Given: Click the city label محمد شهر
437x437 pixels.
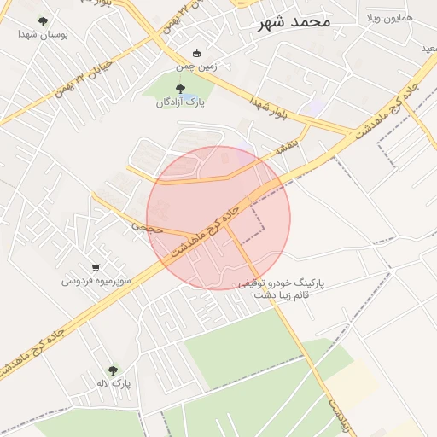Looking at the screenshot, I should tap(294, 22).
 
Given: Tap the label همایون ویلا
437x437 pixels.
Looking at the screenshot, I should tap(388, 18).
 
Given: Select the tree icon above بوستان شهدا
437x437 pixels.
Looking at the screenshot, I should tap(43, 21).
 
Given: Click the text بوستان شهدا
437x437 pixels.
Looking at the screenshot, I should tap(43, 35).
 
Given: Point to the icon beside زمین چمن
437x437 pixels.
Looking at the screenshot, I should tap(198, 53).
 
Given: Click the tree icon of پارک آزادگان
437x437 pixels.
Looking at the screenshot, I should tap(179, 89).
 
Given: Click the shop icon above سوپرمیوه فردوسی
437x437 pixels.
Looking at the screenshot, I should tap(95, 266).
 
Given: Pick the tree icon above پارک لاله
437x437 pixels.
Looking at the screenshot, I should tap(113, 370).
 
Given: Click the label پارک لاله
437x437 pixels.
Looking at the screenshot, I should tap(113, 383).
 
